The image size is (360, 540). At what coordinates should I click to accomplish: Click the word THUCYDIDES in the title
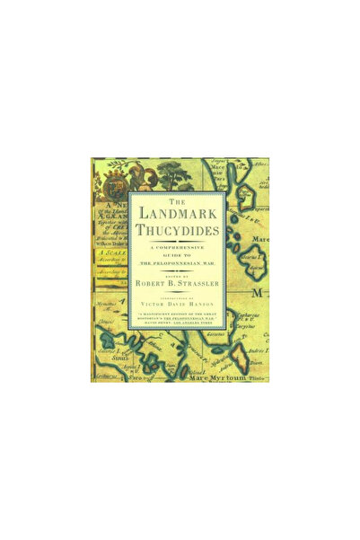[x=180, y=233]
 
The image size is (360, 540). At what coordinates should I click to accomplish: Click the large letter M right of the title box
[x=260, y=293]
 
